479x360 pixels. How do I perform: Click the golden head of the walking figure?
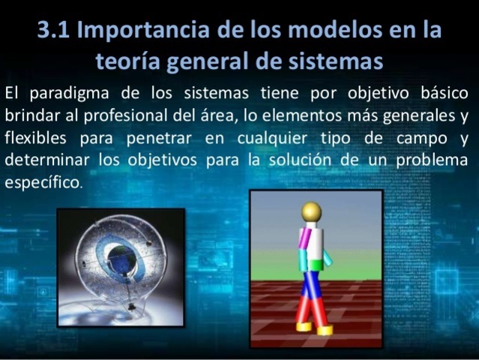[310, 211]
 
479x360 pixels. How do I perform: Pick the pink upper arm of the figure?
[303, 240]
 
